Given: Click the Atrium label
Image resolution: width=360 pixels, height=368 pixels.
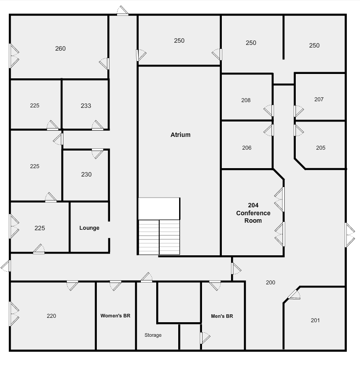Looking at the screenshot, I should (x=180, y=135).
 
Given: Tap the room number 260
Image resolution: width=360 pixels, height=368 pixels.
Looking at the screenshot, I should (x=60, y=48).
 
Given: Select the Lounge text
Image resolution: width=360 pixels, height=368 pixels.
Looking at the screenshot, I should (x=89, y=228).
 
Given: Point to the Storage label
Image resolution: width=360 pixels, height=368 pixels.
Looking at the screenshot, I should (x=153, y=335).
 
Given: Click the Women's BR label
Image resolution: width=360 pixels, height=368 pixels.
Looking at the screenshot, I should (x=115, y=316).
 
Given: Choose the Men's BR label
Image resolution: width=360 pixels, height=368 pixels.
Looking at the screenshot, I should (x=222, y=316).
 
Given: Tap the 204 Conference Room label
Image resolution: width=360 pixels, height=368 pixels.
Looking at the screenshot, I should (x=253, y=213).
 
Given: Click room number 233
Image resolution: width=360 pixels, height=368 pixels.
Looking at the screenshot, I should (x=86, y=106).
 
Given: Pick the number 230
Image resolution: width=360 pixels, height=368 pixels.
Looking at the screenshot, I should (x=86, y=174).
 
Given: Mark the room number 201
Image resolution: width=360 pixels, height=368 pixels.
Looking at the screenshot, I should (x=315, y=320).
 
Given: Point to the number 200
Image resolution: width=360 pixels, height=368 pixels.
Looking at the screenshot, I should (x=270, y=282).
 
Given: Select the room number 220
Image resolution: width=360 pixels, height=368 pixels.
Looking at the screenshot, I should (x=51, y=316).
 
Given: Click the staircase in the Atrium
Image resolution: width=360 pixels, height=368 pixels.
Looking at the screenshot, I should (x=159, y=237).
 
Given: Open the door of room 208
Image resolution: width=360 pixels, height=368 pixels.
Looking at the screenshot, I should (x=269, y=110).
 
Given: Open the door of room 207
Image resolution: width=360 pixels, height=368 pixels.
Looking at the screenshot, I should (x=298, y=111).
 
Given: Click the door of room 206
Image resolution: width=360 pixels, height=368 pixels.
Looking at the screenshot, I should (x=269, y=130).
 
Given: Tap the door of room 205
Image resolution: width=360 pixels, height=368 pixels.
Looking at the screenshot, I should (x=298, y=130).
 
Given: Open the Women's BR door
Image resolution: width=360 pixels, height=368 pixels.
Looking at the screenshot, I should (x=115, y=285).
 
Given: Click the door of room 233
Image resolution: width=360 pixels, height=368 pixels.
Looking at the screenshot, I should (x=97, y=126).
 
